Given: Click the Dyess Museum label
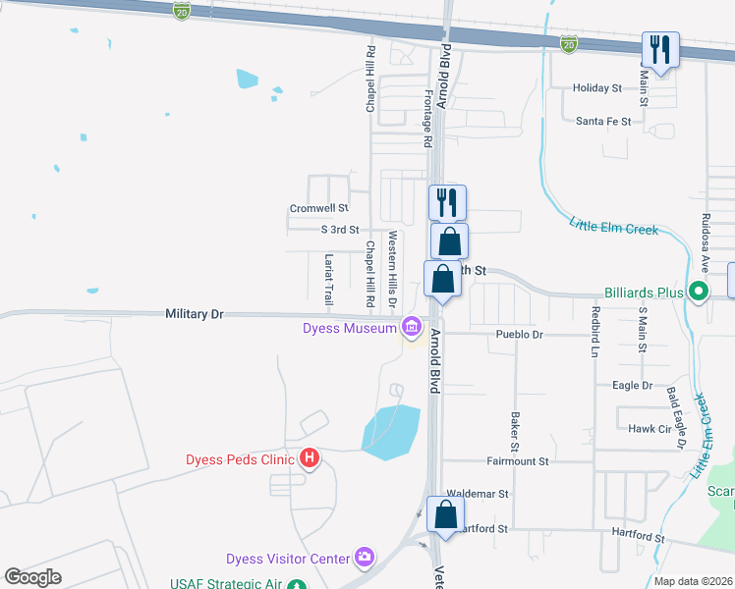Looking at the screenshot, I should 348,328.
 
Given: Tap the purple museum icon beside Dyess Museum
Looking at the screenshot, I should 411,327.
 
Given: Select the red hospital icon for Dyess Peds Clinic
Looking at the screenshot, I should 311,458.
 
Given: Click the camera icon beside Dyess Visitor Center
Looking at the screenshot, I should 365,559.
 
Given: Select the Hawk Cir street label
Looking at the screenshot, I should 649,428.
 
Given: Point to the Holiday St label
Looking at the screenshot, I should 597,88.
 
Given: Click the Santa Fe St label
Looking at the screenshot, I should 602,122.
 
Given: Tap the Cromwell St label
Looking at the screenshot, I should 318,208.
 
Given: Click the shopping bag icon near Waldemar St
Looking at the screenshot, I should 445,514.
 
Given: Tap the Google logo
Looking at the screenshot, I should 33,577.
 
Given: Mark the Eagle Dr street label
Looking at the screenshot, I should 632,386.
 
